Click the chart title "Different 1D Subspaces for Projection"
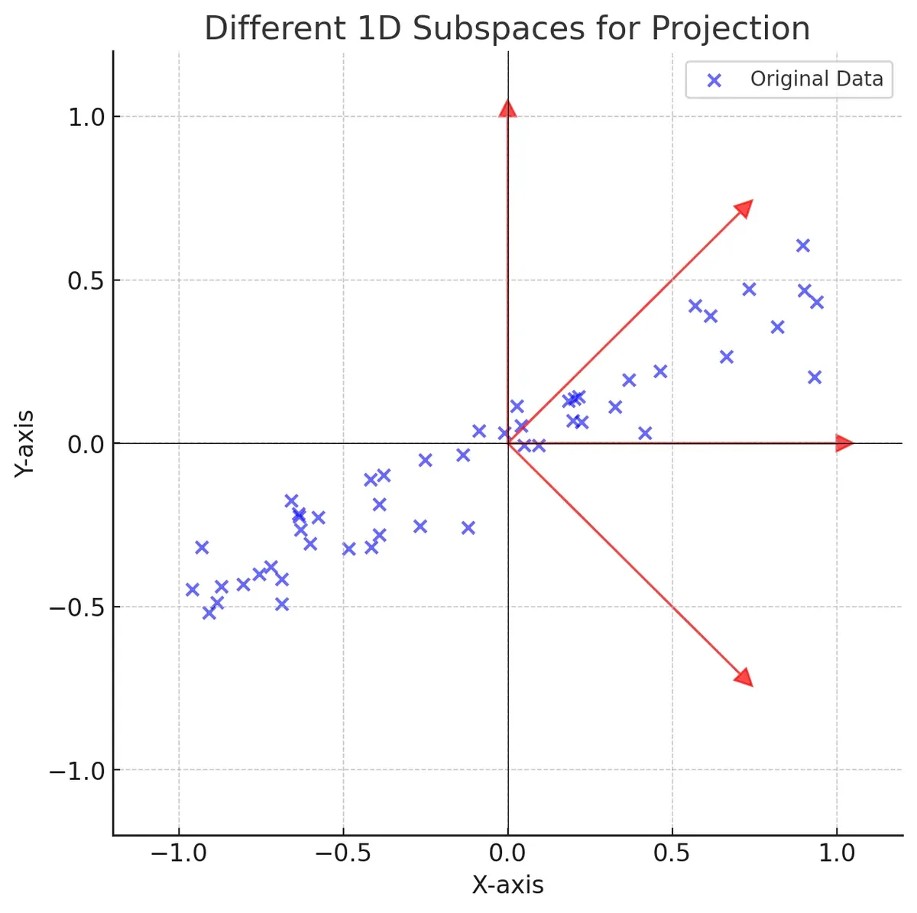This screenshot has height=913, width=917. (x=507, y=29)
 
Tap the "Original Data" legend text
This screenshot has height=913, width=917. (x=816, y=79)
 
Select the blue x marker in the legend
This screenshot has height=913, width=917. (x=714, y=79)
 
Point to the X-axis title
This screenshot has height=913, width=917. (x=507, y=885)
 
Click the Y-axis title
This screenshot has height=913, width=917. (x=25, y=443)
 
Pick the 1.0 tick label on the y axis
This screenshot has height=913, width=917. (x=86, y=117)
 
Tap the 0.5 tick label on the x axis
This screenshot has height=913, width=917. (x=672, y=853)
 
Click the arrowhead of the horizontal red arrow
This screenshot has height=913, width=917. (x=844, y=443)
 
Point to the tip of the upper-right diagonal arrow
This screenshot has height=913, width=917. (x=745, y=208)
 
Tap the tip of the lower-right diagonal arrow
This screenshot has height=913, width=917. (x=745, y=678)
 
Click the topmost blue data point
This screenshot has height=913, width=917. (x=802, y=245)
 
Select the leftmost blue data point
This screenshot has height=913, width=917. (x=192, y=589)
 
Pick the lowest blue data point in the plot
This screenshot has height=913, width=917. (x=209, y=612)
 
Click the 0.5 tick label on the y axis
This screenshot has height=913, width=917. (x=86, y=280)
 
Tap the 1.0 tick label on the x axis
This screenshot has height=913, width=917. (x=838, y=853)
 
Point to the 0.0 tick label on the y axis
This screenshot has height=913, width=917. (x=86, y=444)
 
